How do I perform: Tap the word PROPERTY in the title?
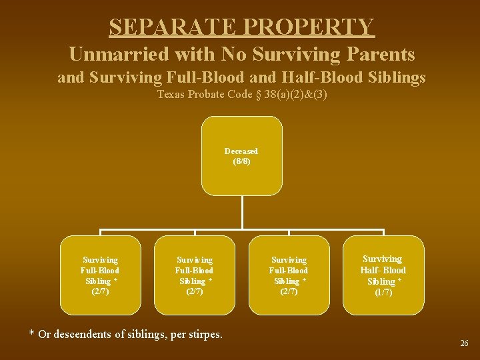tap(310, 27)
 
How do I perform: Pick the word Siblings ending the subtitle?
tap(395, 78)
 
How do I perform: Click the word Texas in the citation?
tap(171, 94)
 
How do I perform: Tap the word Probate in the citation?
tap(207, 94)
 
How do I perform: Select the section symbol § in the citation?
tap(258, 94)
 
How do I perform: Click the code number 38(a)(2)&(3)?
tap(295, 94)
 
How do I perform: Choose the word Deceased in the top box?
tap(241, 151)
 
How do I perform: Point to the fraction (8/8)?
tap(241, 161)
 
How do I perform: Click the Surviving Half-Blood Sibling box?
tap(383, 275)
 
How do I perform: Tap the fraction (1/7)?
tap(383, 292)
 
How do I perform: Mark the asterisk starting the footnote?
tap(31, 333)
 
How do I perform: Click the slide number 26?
tap(464, 343)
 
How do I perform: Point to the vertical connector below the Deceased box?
tap(241, 213)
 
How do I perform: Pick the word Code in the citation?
tap(241, 94)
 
